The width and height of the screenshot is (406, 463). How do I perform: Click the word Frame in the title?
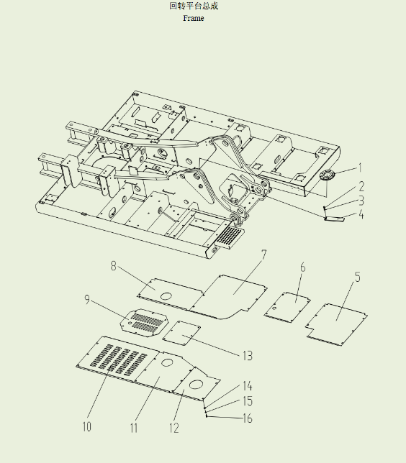point(194,18)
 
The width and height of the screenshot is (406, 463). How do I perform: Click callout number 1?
point(360,168)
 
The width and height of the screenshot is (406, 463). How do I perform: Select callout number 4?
point(361,214)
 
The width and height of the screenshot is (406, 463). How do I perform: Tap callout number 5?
point(358,278)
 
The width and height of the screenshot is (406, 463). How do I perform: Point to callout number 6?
point(303,267)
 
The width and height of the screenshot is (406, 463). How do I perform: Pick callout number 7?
point(263,255)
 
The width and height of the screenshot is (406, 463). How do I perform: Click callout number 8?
point(113,266)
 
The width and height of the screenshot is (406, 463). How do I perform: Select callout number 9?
point(87,299)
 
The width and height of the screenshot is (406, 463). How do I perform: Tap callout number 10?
point(86,426)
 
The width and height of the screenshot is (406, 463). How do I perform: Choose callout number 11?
point(134,428)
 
